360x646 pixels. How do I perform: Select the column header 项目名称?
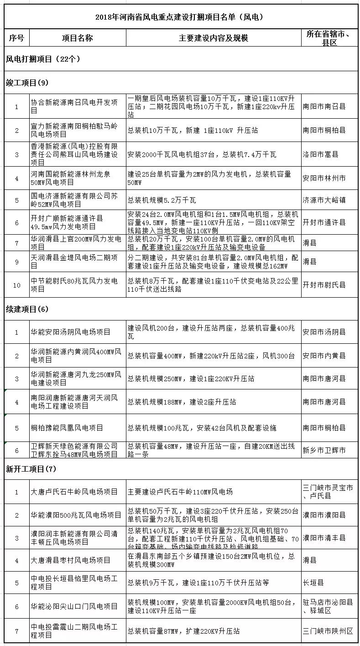point(77,38)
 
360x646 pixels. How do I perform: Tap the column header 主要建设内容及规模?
point(213,38)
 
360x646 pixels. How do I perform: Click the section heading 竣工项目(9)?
point(27,83)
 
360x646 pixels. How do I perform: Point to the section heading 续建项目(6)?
point(27,309)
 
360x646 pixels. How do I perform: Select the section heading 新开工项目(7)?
point(30,469)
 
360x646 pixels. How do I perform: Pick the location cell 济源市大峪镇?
point(324,200)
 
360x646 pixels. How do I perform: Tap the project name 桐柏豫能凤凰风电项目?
point(67,428)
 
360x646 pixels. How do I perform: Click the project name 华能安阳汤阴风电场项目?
point(71,332)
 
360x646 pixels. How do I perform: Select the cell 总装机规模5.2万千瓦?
point(162,200)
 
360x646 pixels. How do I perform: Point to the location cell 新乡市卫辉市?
point(324,450)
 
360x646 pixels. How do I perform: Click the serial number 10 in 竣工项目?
point(17,285)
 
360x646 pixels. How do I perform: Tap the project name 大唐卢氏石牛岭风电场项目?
point(74,492)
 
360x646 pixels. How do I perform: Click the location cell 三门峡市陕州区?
point(328,631)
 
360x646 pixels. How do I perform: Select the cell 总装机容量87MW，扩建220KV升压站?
point(183,631)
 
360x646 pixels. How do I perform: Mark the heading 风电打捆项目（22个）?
point(43,59)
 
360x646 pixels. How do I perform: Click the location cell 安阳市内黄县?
point(324,356)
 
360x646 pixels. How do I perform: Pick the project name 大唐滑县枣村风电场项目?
point(71,560)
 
